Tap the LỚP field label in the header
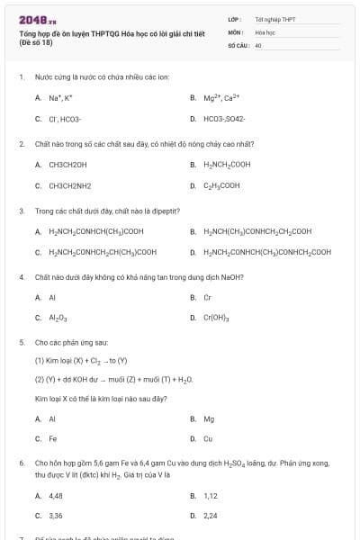[234, 19]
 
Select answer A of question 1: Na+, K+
[60, 98]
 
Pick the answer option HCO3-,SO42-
[224, 119]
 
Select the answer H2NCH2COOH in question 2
[221, 165]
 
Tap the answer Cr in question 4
[207, 297]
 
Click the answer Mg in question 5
[209, 418]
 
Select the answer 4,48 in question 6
[56, 496]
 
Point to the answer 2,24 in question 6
[211, 517]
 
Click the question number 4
[22, 277]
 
